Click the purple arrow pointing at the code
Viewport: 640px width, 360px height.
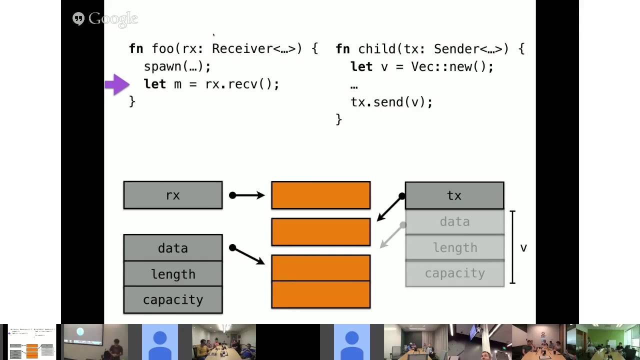[x=117, y=84]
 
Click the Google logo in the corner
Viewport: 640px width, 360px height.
[x=105, y=19]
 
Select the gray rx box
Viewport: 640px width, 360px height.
[x=173, y=195]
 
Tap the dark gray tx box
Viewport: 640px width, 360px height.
[x=454, y=195]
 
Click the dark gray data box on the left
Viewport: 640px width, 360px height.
[x=173, y=248]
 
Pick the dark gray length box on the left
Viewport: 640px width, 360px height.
[x=173, y=274]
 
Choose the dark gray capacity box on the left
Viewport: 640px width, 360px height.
[x=173, y=300]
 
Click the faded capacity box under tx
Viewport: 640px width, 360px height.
[x=454, y=273]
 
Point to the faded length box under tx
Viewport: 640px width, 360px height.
[x=454, y=247]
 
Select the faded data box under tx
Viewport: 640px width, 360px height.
[x=454, y=221]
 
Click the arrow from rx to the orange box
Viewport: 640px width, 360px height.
[x=247, y=195]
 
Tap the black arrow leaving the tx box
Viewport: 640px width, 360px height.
[x=390, y=208]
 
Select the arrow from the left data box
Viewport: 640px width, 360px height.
[x=247, y=255]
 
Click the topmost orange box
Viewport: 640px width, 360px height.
[x=321, y=195]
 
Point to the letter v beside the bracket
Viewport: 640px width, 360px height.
[x=523, y=248]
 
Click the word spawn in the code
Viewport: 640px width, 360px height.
[x=162, y=66]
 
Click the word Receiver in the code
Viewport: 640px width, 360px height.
[x=242, y=48]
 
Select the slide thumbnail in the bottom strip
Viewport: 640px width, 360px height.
[x=32, y=342]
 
